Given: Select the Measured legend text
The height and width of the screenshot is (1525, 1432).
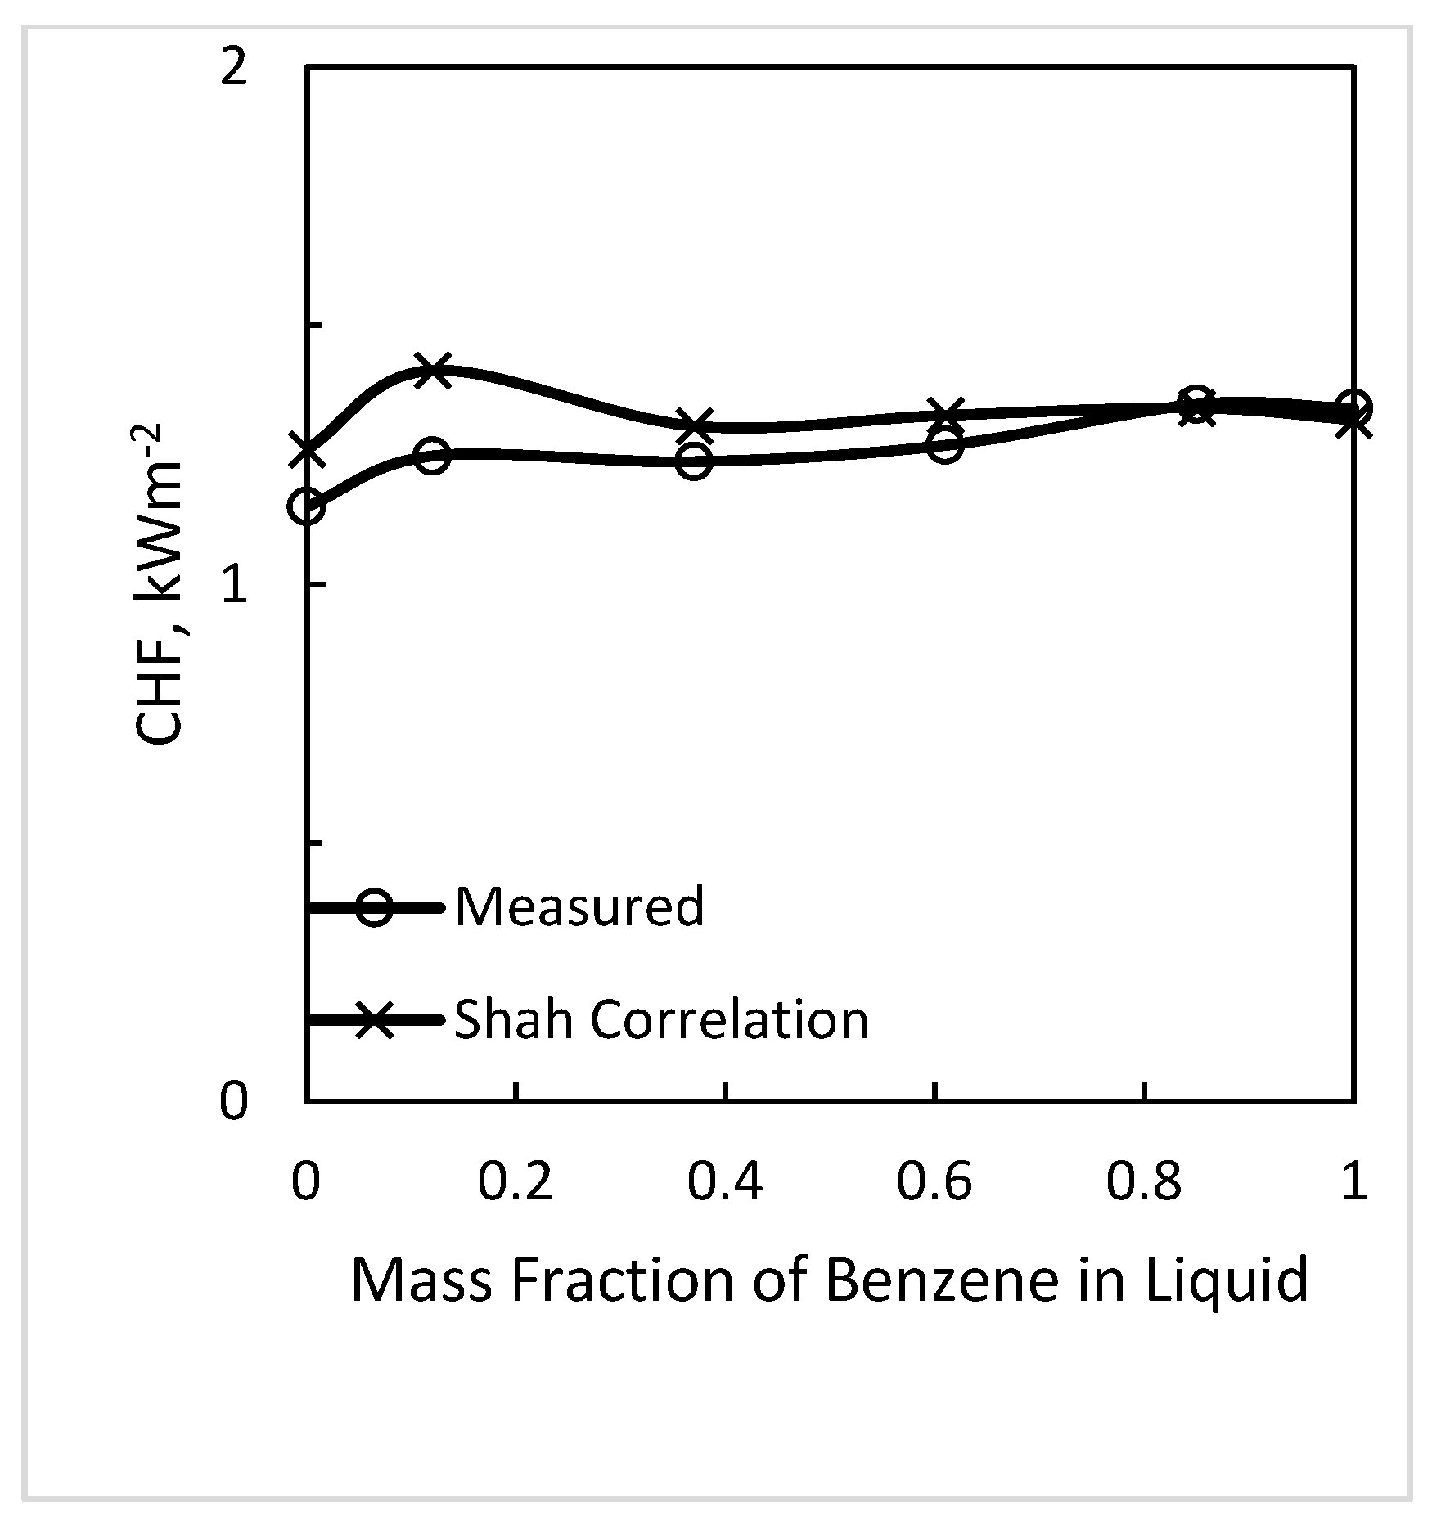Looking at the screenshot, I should click(579, 906).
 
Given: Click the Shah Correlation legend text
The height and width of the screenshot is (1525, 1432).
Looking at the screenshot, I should click(661, 1019).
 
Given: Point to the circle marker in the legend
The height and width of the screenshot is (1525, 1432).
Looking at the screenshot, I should click(374, 907).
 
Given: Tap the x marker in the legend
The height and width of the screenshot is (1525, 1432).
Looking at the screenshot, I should click(374, 1020).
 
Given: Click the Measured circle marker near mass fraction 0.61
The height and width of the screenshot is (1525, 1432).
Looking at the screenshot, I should click(945, 446).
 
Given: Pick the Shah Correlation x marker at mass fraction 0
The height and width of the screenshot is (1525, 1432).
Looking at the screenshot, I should click(307, 451).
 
